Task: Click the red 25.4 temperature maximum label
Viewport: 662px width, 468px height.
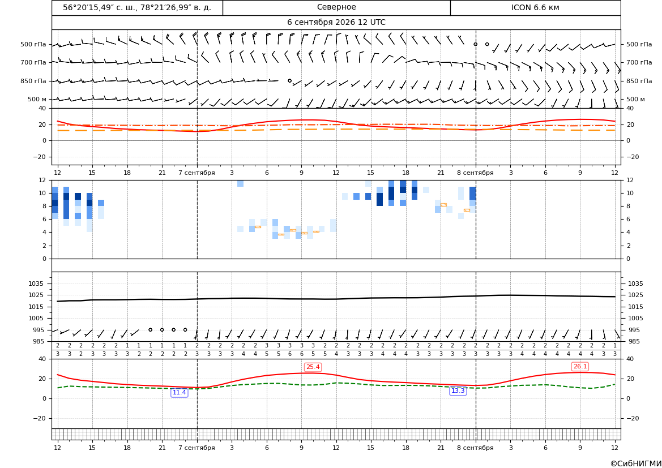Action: click(313, 367)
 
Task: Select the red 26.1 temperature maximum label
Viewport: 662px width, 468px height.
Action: click(580, 366)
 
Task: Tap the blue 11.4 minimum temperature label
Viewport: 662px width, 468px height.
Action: click(180, 393)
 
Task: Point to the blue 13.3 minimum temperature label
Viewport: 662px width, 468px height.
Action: click(458, 391)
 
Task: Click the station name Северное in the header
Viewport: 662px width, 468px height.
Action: click(336, 7)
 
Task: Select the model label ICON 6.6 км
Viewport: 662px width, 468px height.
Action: click(535, 7)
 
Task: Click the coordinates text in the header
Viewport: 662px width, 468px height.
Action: click(137, 7)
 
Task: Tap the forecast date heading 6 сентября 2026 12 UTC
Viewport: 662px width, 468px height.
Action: click(336, 23)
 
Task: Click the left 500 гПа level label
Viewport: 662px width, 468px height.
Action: click(33, 44)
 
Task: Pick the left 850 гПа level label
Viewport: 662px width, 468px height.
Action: click(33, 81)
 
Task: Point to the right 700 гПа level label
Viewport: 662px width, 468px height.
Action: click(639, 62)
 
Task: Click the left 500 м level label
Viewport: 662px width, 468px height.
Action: click(37, 99)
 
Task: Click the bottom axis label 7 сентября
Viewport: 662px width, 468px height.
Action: click(197, 448)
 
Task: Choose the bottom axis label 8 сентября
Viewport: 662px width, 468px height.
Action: click(475, 448)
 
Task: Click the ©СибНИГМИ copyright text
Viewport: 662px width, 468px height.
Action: click(636, 464)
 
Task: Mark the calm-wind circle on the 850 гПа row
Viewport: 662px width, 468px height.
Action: click(289, 80)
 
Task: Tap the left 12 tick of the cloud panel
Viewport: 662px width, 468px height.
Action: click(42, 180)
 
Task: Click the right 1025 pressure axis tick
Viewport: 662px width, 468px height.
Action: click(636, 295)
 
